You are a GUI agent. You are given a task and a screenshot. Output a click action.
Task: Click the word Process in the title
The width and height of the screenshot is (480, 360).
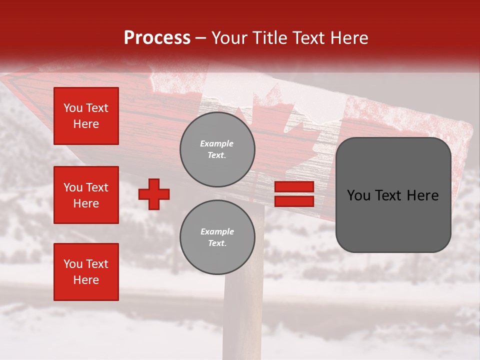point(157,38)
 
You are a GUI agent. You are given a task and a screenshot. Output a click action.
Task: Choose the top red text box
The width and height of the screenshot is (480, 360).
point(86,116)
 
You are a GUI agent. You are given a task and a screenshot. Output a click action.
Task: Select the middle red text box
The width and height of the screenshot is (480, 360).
point(86,195)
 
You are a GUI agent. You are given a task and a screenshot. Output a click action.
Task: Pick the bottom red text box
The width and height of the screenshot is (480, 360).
point(86,272)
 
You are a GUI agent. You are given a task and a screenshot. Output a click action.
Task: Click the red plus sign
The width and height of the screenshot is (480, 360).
point(154,194)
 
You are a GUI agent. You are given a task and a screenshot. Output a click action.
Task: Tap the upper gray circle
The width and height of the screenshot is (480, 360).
point(217,149)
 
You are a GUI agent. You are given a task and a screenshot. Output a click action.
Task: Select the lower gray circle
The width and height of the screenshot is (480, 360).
point(217,237)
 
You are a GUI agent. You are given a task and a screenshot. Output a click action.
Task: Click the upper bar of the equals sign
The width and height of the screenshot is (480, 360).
point(294,187)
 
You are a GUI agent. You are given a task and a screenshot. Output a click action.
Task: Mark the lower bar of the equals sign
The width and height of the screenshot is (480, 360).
point(294,201)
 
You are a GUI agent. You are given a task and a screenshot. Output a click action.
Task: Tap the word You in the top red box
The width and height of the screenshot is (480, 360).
point(72,108)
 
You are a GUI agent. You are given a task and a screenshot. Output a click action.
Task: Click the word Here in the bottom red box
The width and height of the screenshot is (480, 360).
point(86,280)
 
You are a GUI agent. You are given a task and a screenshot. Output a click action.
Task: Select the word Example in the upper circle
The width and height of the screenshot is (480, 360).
point(217,143)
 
